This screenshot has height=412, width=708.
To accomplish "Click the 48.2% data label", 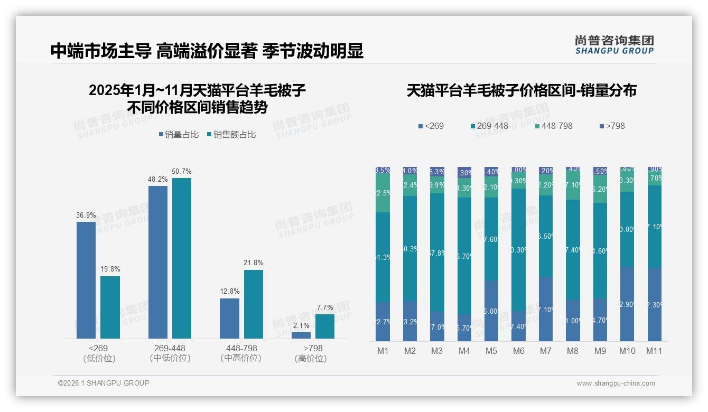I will tap(158, 180).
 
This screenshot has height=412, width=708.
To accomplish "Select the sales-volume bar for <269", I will tap(86, 280).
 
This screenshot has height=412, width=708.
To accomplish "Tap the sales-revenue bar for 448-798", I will tap(254, 304).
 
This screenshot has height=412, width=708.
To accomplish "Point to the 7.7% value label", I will tap(325, 308).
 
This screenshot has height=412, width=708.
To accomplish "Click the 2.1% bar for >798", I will tap(301, 335).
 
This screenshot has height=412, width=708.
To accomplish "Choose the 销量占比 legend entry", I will tap(179, 135).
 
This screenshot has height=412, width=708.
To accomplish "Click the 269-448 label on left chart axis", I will tap(170, 349).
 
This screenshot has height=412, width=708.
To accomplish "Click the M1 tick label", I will tap(383, 351).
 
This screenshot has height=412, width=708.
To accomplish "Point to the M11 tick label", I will tap(654, 351).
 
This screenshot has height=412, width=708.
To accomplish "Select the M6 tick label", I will tap(518, 351).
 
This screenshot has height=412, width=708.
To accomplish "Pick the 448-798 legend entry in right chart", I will tap(553, 126).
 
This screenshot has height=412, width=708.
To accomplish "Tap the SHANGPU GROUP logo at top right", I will tap(614, 45).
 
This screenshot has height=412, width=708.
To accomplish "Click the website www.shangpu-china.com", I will tap(616, 383).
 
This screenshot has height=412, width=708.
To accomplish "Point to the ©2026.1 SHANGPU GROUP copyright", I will tap(104, 383).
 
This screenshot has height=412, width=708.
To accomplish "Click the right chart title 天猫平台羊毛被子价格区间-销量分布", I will tap(521, 91).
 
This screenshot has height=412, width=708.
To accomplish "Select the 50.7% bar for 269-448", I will tap(182, 258).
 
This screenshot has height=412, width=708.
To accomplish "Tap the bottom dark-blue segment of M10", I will tap(627, 304).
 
